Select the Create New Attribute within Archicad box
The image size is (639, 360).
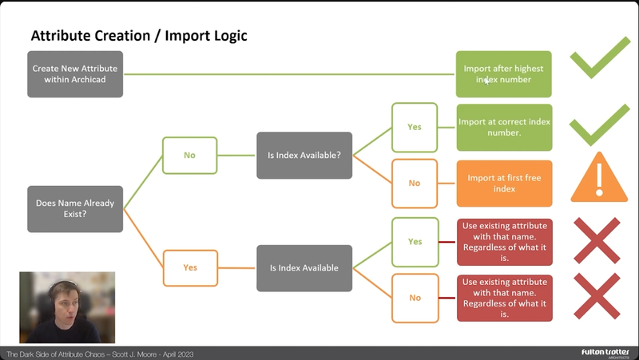pyautogui.click(x=75, y=74)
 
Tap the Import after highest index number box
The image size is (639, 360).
pyautogui.click(x=503, y=74)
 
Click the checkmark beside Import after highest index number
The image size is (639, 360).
pyautogui.click(x=599, y=57)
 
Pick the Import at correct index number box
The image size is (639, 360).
pyautogui.click(x=503, y=127)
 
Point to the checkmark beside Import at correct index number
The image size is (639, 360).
pyautogui.click(x=599, y=125)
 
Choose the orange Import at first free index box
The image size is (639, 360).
pyautogui.click(x=503, y=184)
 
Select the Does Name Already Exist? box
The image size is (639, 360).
pyautogui.click(x=75, y=209)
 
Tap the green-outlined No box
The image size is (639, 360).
pyautogui.click(x=189, y=155)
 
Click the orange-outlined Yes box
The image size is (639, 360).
pyautogui.click(x=189, y=267)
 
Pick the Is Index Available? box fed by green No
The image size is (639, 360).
pyautogui.click(x=304, y=155)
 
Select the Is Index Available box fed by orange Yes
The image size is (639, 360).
pyautogui.click(x=304, y=267)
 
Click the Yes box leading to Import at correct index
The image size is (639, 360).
pyautogui.click(x=415, y=127)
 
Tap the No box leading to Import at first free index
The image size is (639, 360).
pyautogui.click(x=415, y=184)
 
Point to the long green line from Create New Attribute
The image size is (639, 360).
pyautogui.click(x=288, y=74)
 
